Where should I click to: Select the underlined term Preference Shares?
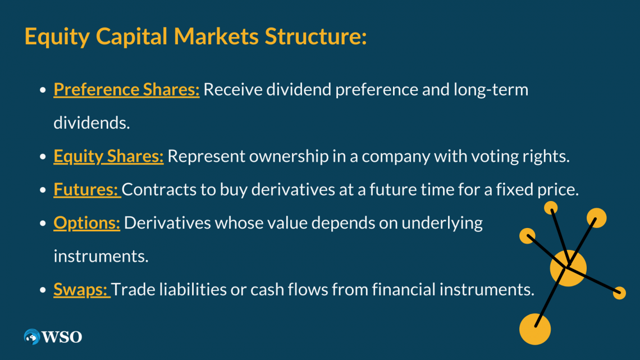126,89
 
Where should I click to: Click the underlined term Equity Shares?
108,156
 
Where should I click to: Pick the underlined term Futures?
86,189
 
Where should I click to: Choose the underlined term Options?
86,223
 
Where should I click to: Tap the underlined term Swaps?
81,290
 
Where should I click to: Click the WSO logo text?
61,337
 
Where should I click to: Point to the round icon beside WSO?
32,337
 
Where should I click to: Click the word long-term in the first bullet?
491,89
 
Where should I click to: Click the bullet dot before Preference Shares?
43,90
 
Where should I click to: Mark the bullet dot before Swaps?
43,290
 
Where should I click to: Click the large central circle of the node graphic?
568,268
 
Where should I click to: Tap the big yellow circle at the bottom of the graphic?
534,329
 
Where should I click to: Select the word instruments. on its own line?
101,256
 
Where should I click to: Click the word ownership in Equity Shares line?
282,156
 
